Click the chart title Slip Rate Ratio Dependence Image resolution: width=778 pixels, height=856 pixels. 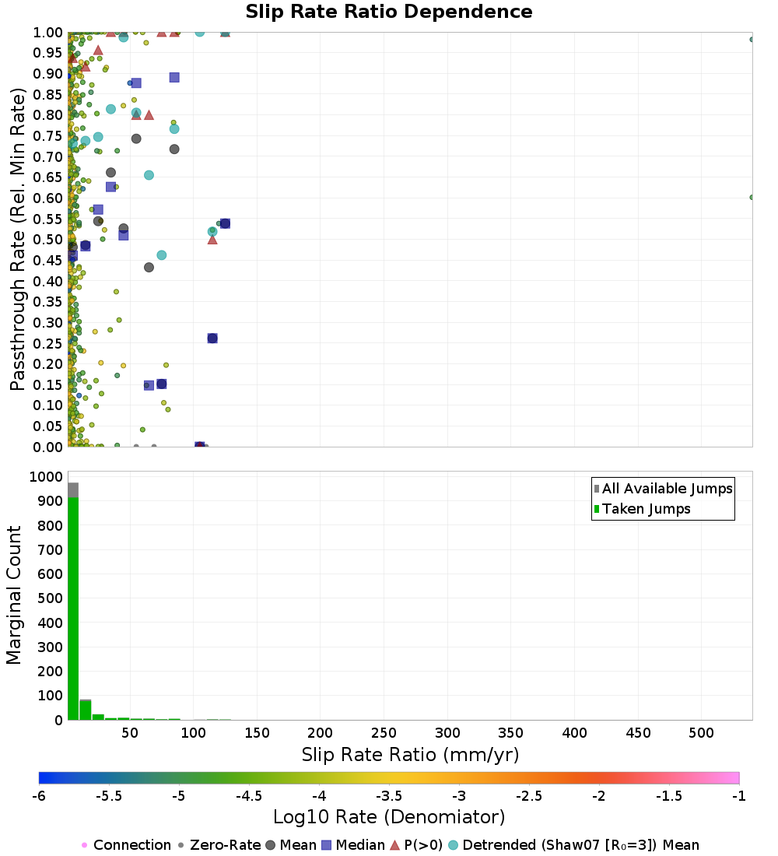click(389, 12)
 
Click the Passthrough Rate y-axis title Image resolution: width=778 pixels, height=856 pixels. click(17, 239)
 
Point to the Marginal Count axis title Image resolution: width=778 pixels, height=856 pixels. click(14, 595)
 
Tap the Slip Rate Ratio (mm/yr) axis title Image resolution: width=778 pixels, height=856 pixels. click(410, 755)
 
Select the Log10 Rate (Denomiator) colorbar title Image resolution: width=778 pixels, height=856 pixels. click(389, 816)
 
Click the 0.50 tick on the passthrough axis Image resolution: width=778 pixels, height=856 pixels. click(48, 239)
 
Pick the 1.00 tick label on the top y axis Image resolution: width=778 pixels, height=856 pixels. click(48, 32)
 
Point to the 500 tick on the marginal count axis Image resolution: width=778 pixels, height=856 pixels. click(51, 598)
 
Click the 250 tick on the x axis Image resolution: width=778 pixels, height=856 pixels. click(384, 732)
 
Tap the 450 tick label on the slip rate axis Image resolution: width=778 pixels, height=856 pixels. click(638, 732)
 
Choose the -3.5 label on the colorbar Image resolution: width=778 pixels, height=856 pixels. click(389, 796)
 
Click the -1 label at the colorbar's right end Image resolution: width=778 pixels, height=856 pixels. click(738, 796)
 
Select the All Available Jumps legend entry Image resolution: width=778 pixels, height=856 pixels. click(663, 489)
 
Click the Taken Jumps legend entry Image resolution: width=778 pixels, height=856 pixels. click(642, 509)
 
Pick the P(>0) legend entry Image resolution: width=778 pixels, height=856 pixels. click(416, 845)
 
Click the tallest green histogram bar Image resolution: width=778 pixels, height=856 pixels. click(73, 609)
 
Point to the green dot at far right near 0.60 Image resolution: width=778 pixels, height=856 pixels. click(752, 197)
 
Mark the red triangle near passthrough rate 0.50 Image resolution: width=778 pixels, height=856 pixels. click(212, 240)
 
